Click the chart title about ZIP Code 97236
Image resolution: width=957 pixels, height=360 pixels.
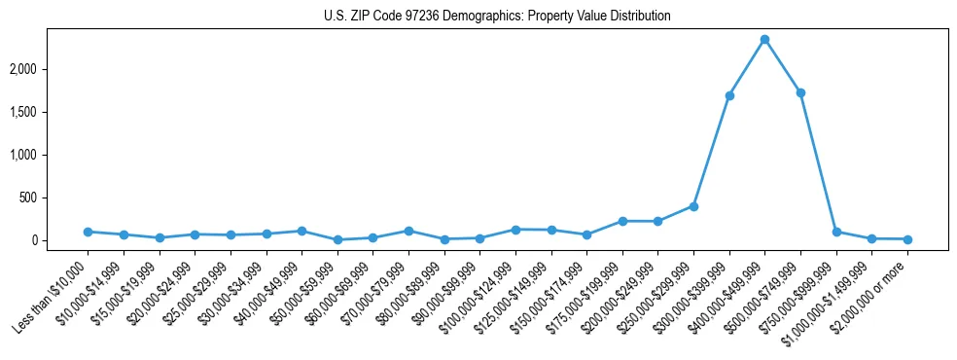[497, 17]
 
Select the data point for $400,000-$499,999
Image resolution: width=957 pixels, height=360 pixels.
[764, 40]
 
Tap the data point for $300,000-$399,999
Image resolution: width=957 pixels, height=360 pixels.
[729, 95]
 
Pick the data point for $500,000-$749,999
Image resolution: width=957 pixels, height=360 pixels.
[800, 92]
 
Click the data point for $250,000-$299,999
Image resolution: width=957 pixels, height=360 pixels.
[693, 206]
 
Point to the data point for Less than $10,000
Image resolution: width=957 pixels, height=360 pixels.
[88, 232]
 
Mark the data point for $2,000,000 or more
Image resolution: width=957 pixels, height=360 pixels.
[907, 239]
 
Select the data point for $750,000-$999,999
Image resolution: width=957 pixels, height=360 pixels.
[836, 232]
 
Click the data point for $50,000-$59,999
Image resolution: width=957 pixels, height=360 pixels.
[337, 239]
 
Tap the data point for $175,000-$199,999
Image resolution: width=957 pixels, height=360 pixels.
[622, 221]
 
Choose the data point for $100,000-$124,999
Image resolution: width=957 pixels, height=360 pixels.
[515, 230]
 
